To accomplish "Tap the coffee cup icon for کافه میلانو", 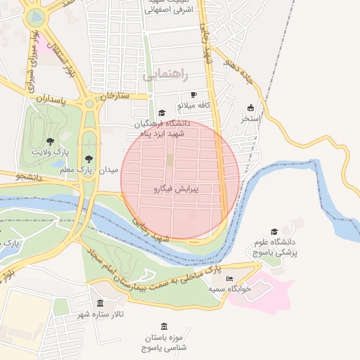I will pos(194,94).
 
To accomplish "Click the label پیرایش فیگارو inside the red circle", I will pos(176,189).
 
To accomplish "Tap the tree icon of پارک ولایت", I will pos(49,142).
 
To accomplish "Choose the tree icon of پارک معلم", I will pos(88,159).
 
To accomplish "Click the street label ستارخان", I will pos(115,96).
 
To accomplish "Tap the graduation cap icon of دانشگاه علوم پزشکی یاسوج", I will pos(274,231).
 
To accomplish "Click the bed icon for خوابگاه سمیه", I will pos(230,279).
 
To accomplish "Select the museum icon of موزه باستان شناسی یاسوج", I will pos(164,326).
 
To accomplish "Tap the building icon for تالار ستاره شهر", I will pos(101,304).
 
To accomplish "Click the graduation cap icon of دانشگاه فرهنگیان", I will pos(162,113).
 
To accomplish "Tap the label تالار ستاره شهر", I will pos(101,314).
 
